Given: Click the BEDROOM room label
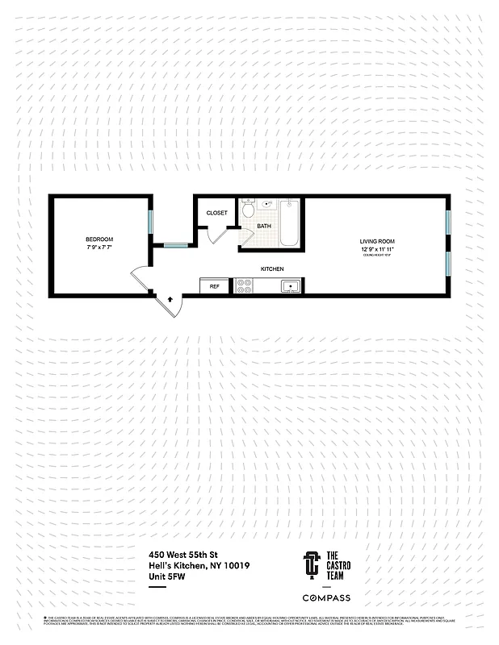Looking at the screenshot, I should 99,239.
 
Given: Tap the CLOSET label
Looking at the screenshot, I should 216,213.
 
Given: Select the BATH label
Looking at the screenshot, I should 264,227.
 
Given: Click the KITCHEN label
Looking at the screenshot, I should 271,268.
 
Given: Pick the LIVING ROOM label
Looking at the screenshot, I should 377,241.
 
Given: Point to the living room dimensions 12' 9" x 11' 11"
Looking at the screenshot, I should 377,249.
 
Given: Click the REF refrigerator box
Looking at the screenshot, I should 216,285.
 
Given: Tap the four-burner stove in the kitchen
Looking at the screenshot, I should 244,285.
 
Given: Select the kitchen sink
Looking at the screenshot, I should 290,285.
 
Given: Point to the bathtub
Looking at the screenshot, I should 289,223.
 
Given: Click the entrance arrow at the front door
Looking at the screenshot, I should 170,299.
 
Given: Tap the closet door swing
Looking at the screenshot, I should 216,235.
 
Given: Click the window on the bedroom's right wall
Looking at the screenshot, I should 150,225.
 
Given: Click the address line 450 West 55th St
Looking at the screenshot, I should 184,555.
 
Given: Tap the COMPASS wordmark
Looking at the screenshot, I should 326,597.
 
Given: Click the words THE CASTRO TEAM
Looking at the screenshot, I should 332,564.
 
